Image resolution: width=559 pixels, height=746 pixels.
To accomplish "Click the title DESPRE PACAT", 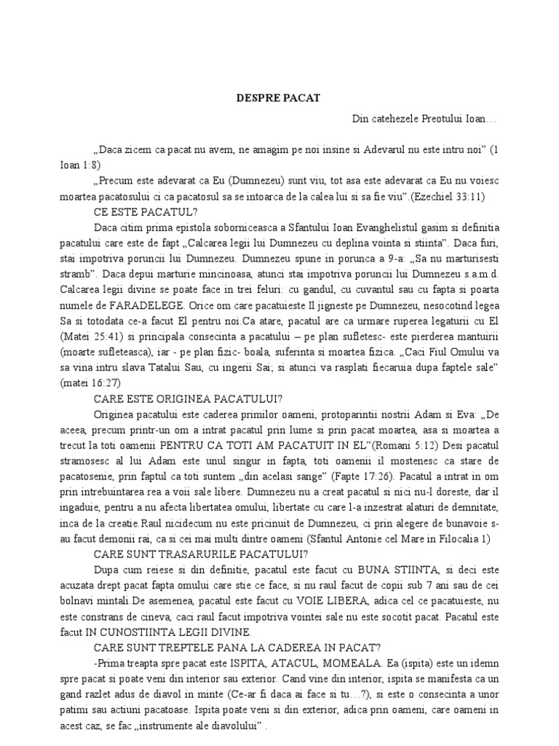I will pyautogui.click(x=279, y=97).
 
